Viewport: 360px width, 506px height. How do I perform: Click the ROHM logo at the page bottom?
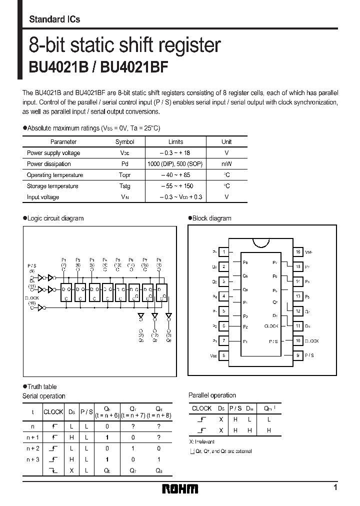(x=180, y=488)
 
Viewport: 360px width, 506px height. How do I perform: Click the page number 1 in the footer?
(x=335, y=487)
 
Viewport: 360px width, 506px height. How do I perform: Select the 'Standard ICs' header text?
(x=54, y=19)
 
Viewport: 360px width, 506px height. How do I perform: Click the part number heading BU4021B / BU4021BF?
(x=98, y=68)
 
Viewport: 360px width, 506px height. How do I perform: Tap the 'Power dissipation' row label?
(x=49, y=164)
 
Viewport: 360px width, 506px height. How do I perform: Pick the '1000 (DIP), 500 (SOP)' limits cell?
(x=175, y=164)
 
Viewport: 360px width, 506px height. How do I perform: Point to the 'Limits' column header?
(x=175, y=142)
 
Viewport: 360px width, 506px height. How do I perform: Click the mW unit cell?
(x=226, y=164)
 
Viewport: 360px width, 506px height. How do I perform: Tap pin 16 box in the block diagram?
(x=298, y=252)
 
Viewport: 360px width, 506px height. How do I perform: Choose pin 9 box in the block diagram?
(x=298, y=355)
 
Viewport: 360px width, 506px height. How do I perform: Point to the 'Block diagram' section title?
(x=212, y=218)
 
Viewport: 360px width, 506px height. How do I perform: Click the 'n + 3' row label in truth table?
(x=33, y=459)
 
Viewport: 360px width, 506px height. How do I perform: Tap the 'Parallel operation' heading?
(x=212, y=395)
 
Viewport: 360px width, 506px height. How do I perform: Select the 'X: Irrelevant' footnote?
(x=201, y=442)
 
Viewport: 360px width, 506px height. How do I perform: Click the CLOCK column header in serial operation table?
(x=53, y=412)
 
